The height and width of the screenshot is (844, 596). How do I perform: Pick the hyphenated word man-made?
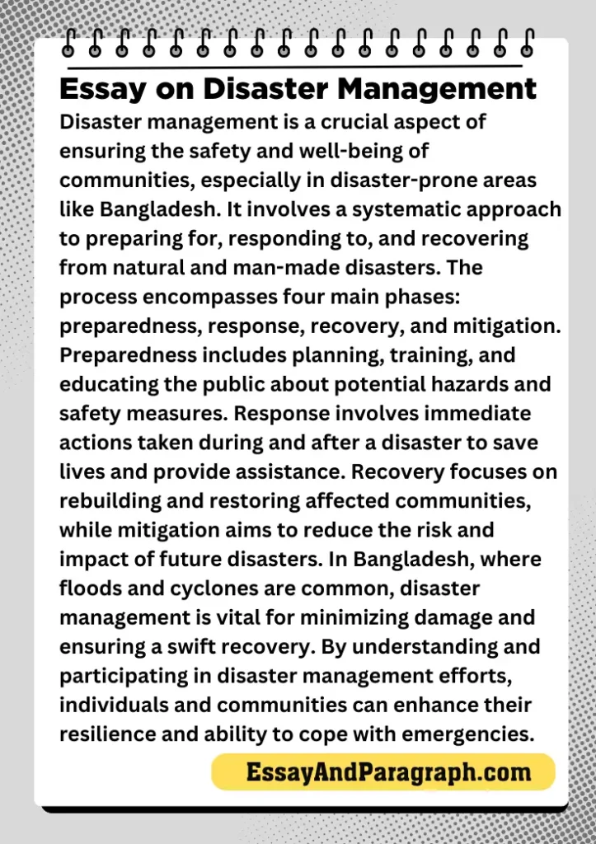tap(252, 268)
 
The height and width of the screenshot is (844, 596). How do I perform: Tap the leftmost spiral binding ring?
tap(69, 43)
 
